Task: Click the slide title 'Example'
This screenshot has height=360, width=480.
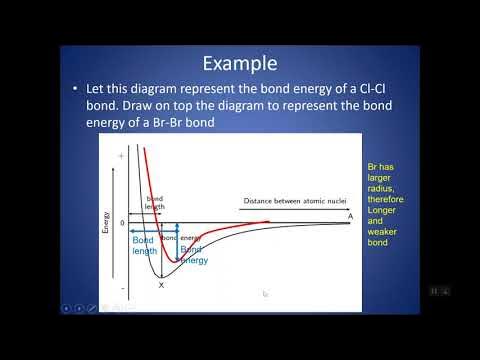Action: point(239,63)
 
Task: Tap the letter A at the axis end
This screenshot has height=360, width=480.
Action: point(349,215)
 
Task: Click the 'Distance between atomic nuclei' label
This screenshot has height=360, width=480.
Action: point(293,204)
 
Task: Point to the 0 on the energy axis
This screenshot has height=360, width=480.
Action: point(121,222)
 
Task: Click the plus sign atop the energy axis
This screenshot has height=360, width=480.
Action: point(121,157)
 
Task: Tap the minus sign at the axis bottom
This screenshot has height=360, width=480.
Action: point(121,290)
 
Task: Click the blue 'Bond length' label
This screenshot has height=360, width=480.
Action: point(145,246)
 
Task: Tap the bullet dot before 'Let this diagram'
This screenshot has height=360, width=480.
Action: point(77,91)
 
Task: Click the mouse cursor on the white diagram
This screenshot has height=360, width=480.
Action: point(264,293)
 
